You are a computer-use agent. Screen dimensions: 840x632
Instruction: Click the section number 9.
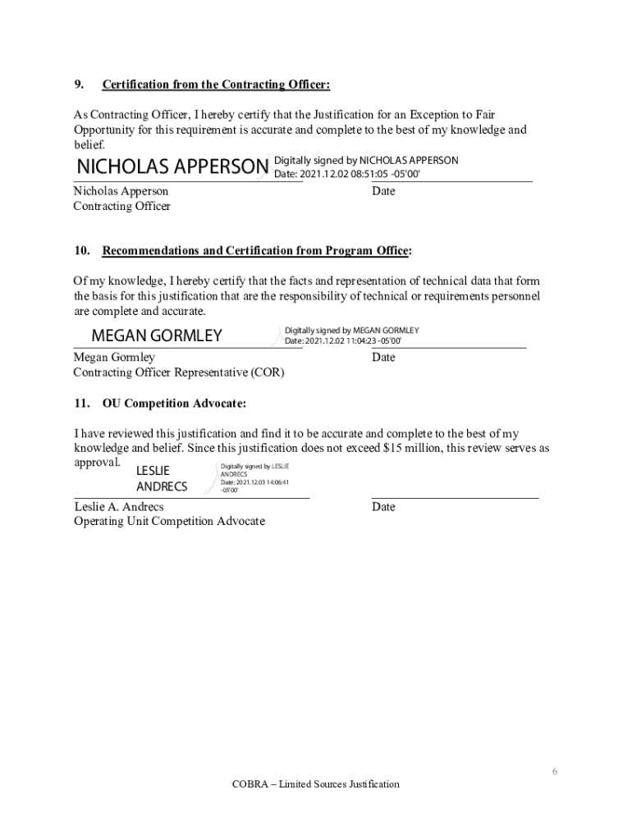click(x=79, y=84)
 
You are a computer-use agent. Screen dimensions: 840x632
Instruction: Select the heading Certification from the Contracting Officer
click(x=216, y=84)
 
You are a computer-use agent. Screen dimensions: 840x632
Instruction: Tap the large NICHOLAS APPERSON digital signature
click(x=172, y=167)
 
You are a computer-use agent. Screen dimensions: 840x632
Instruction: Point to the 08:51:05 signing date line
click(x=346, y=174)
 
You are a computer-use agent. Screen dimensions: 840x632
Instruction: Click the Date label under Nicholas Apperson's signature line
click(x=383, y=191)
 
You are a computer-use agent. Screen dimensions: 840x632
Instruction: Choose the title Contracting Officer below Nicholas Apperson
click(x=121, y=206)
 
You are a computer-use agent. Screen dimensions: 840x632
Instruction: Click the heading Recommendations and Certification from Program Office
click(x=256, y=250)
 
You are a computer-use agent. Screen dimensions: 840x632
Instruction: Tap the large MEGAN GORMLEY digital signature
click(x=156, y=336)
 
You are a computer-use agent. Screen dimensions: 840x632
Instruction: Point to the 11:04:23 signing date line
click(x=343, y=340)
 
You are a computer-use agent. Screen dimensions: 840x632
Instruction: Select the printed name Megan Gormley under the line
click(x=114, y=358)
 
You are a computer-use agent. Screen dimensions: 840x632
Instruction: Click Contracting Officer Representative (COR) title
click(x=179, y=372)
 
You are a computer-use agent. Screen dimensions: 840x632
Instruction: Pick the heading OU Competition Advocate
click(x=174, y=404)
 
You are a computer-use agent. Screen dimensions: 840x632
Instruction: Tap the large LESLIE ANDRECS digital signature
click(x=161, y=478)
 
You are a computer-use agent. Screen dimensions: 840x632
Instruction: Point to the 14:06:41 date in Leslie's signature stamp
click(x=254, y=482)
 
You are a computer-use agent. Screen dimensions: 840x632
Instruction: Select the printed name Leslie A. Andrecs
click(x=119, y=507)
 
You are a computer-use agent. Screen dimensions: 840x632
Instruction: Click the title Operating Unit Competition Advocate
click(x=169, y=522)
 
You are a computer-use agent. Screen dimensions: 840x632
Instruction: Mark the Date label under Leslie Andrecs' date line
click(x=383, y=507)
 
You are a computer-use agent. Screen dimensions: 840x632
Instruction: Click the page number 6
click(x=555, y=772)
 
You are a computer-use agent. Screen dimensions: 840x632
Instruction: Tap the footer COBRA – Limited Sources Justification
click(x=315, y=784)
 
